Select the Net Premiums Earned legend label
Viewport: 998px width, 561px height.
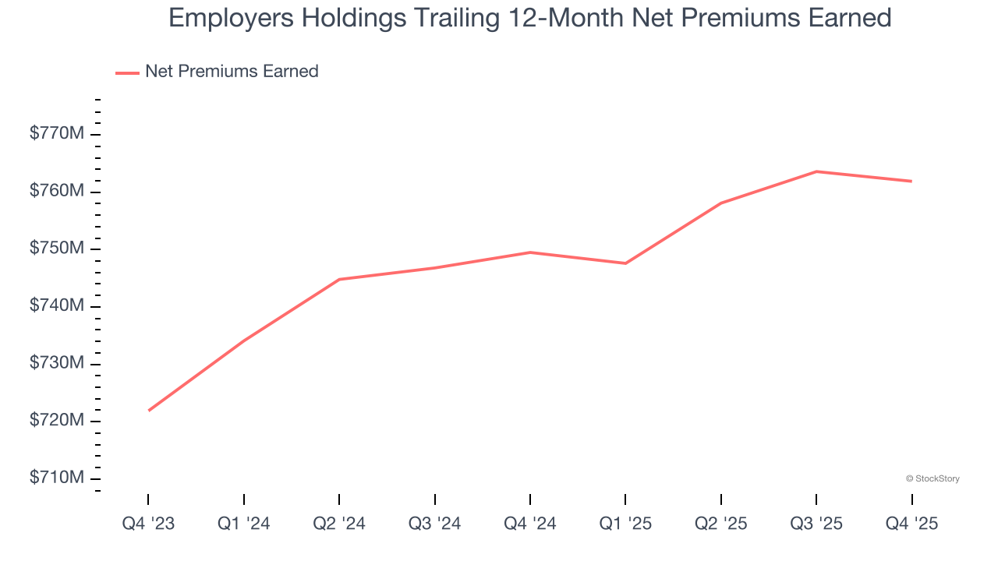[232, 71]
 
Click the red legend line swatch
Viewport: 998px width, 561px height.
[127, 72]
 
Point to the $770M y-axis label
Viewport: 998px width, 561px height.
[56, 134]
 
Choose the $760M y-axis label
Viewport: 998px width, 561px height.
[56, 192]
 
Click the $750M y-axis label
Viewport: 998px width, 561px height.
[56, 249]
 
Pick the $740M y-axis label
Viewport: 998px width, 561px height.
[56, 306]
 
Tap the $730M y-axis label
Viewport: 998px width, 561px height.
[56, 364]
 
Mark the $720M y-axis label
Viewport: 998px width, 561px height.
[56, 421]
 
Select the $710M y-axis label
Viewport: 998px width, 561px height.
[56, 478]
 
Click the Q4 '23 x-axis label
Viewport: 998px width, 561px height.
[148, 524]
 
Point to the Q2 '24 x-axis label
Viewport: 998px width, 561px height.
[339, 524]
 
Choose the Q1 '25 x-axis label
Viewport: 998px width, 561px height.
[625, 524]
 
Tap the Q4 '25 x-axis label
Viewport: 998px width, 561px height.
[911, 524]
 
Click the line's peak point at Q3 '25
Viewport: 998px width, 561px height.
[816, 171]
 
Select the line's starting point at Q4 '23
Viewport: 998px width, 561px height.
[148, 411]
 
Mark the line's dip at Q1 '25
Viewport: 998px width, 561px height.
[625, 263]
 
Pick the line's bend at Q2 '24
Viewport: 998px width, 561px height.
[339, 279]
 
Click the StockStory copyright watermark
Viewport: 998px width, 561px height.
[933, 478]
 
